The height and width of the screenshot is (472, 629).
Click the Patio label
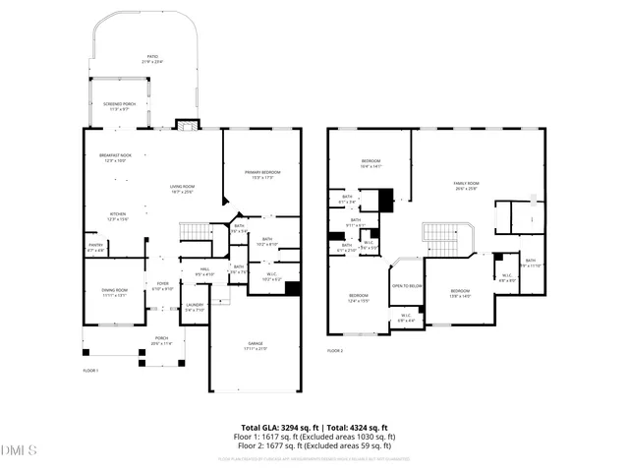[x=153, y=58]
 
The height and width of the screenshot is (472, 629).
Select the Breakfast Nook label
[x=115, y=157]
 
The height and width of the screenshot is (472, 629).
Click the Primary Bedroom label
[x=260, y=174]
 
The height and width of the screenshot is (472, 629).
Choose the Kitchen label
[x=117, y=216]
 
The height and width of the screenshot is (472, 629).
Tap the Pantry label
[x=96, y=248]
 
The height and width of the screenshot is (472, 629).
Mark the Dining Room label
[x=115, y=292]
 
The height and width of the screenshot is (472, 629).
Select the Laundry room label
[x=195, y=307]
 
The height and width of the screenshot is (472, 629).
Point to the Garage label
[x=255, y=345]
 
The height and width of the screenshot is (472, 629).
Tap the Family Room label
[x=466, y=185]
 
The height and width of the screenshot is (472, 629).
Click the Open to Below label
[x=407, y=286]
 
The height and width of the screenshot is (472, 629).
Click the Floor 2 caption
[x=335, y=350]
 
